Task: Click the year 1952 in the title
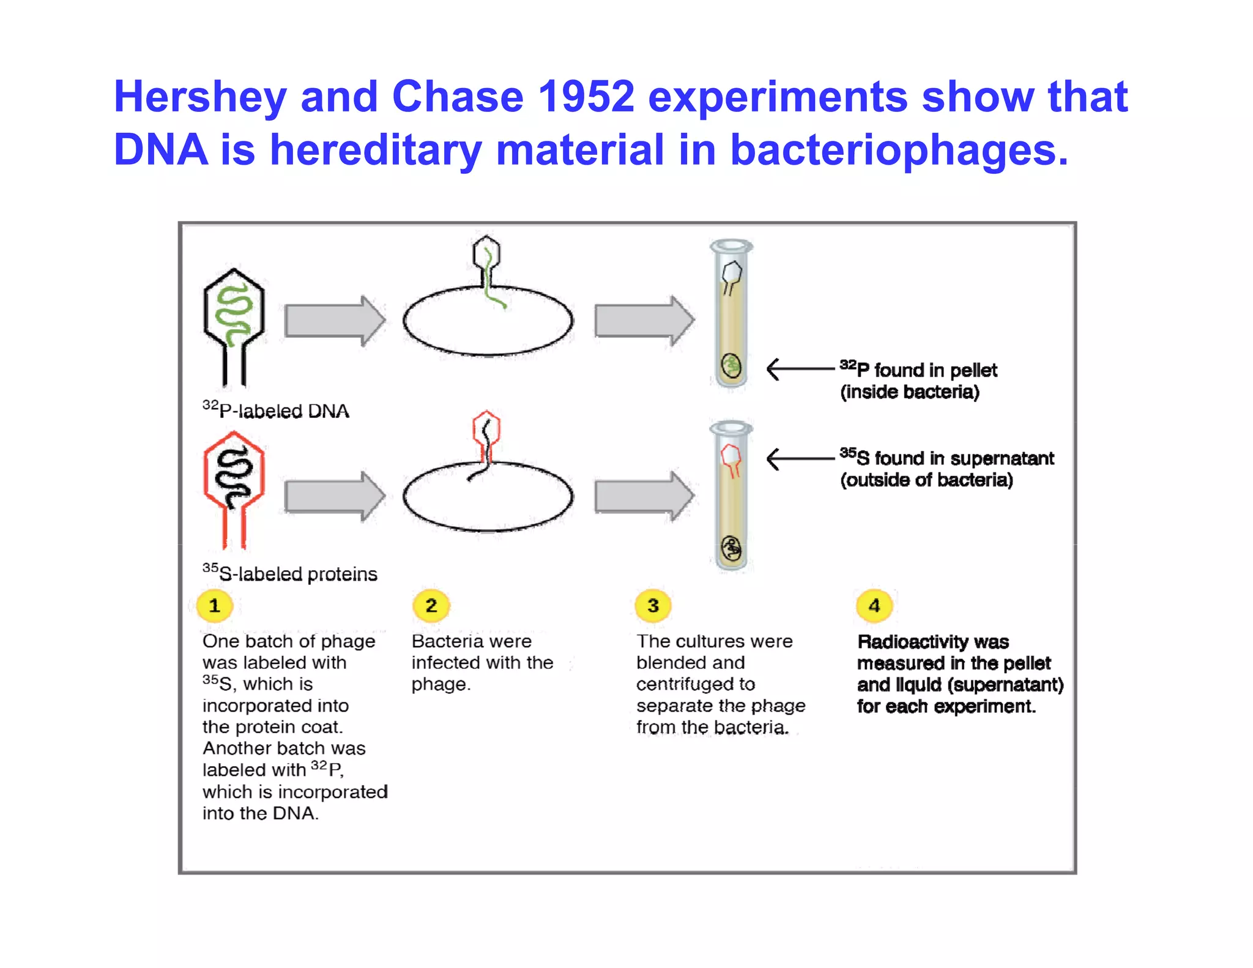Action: click(586, 97)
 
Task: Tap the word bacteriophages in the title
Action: click(899, 151)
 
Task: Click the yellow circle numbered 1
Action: click(214, 606)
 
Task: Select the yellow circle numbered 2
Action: click(431, 606)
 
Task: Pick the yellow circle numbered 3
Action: click(653, 606)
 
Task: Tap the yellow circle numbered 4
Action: click(874, 606)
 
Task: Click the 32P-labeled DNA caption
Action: click(276, 410)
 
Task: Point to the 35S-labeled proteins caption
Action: click(290, 573)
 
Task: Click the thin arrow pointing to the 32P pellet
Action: click(800, 369)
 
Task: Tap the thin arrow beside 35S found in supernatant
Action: click(800, 458)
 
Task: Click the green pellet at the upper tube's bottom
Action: click(731, 366)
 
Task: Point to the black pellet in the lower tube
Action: click(731, 548)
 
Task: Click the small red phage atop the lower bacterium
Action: click(486, 434)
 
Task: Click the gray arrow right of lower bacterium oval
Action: click(644, 496)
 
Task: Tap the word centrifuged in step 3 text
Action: click(696, 684)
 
